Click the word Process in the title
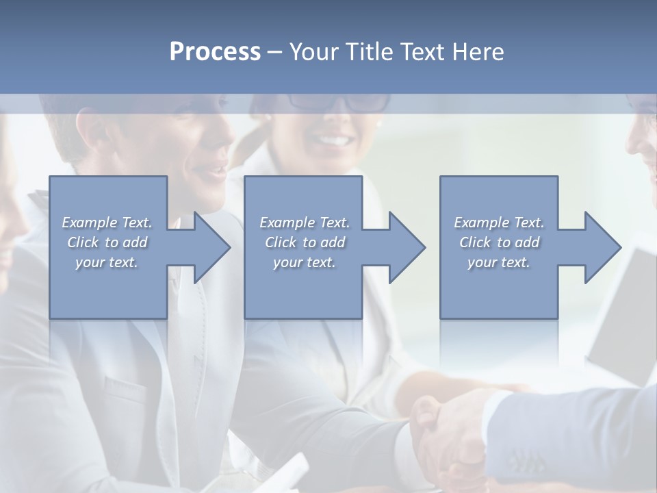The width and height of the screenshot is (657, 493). [215, 52]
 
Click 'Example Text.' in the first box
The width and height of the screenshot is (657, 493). [107, 223]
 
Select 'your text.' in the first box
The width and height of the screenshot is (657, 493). [107, 262]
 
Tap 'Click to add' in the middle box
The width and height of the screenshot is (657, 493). [305, 242]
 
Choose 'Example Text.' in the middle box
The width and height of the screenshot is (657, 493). [305, 223]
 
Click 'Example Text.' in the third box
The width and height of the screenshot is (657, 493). [499, 223]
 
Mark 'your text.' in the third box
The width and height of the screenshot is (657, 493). [499, 262]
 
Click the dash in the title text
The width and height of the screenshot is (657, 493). [275, 52]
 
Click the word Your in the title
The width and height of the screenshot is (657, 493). [311, 52]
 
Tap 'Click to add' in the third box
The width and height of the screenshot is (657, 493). [499, 242]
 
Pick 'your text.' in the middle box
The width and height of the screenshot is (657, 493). [305, 262]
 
